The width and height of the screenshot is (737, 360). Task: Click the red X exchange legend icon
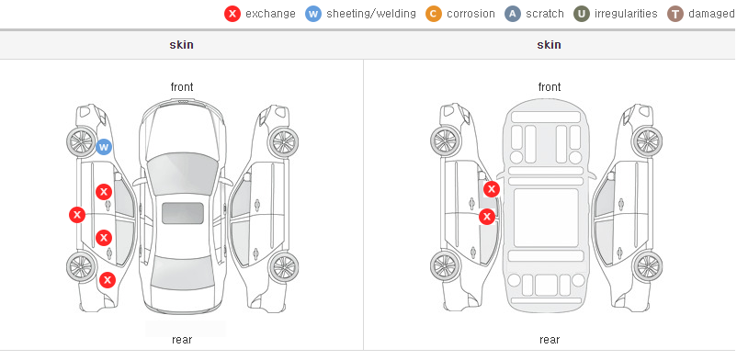[232, 14]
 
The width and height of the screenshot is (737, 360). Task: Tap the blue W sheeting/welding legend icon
[313, 14]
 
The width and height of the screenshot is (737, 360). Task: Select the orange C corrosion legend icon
[434, 14]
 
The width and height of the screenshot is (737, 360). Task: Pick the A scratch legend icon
[513, 14]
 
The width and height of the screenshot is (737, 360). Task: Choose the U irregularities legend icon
[582, 14]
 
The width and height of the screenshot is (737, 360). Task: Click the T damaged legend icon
[675, 14]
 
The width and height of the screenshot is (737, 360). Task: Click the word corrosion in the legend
[471, 14]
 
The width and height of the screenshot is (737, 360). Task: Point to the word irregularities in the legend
[626, 14]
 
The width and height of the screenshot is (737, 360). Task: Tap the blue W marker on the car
[104, 147]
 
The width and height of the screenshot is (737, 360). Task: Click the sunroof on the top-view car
[183, 213]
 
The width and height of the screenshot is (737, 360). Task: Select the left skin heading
[181, 45]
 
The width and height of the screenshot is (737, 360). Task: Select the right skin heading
[549, 45]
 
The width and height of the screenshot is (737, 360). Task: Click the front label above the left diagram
[181, 87]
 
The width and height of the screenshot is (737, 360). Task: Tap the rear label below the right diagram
[549, 340]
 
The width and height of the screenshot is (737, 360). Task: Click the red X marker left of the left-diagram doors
[77, 215]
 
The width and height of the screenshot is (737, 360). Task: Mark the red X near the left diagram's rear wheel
[108, 280]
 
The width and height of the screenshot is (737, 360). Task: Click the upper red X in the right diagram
[491, 189]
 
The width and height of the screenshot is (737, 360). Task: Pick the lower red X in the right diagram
[487, 217]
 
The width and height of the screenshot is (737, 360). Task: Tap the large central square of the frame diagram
[546, 218]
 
